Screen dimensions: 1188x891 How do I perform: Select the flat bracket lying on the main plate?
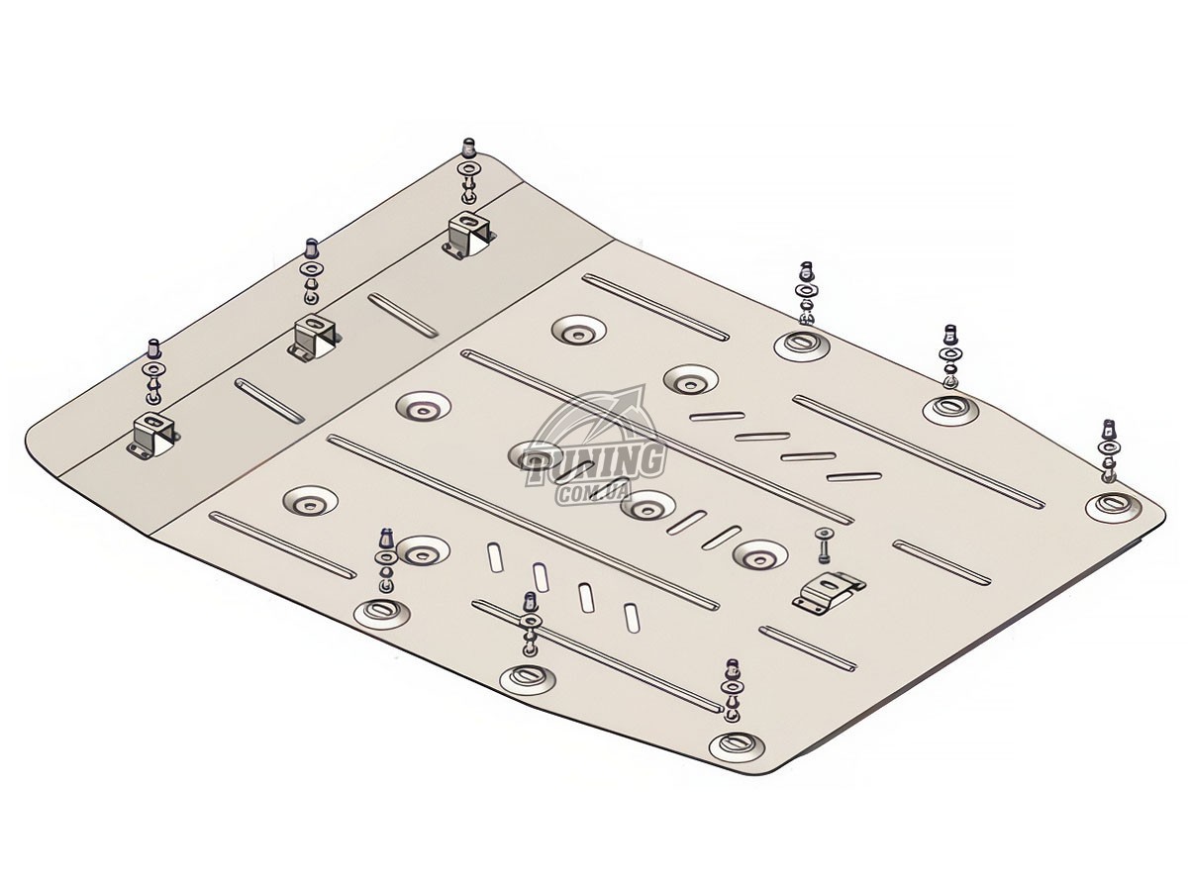828,592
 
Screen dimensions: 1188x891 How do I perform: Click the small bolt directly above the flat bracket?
824,545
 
